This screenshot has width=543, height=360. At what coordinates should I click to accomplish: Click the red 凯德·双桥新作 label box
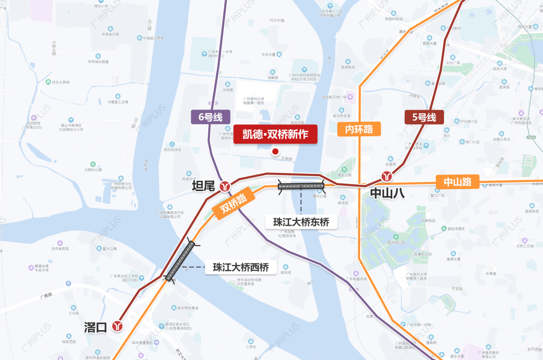[276, 134]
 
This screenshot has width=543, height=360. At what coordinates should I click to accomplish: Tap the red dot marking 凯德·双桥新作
[275, 151]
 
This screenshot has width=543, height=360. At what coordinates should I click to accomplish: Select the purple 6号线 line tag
[210, 117]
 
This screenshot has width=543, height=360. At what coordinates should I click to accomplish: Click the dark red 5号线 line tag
[424, 117]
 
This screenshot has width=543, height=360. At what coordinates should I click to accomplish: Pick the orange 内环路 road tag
[359, 129]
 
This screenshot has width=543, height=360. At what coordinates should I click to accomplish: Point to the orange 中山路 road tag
[458, 182]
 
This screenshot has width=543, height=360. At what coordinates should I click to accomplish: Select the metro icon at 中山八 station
[387, 177]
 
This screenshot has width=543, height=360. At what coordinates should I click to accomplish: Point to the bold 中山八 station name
[387, 193]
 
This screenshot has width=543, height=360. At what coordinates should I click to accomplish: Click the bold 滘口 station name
[96, 327]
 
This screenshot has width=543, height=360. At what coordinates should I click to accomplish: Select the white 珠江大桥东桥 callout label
[301, 222]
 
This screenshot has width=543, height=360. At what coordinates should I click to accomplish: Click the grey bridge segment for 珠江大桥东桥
[301, 186]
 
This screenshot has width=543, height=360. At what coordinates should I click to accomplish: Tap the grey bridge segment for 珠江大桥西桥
[180, 261]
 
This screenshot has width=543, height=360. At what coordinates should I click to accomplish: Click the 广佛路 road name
[47, 296]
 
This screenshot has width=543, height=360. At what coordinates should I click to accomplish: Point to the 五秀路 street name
[287, 158]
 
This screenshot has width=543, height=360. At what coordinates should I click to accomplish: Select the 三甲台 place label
[251, 346]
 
